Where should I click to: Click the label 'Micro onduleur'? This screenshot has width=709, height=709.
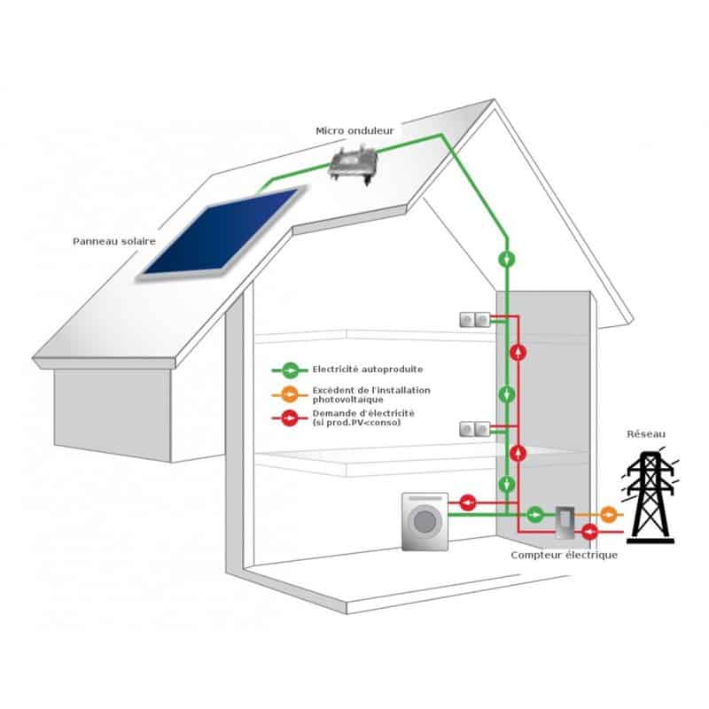pos(354,131)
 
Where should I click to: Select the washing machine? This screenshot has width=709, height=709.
pos(425,523)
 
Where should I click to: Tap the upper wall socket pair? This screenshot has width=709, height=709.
pos(474,319)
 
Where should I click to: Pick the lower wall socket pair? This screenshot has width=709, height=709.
pos(474,431)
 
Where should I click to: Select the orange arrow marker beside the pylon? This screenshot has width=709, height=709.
pos(608,514)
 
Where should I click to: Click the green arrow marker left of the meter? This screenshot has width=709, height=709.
pos(535,514)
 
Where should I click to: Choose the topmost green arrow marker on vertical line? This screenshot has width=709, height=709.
pos(506,259)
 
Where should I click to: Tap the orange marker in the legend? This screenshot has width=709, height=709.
pos(289,393)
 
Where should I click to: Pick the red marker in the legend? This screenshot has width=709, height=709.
pos(289,417)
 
